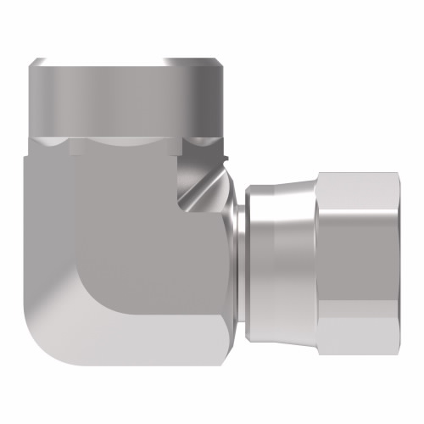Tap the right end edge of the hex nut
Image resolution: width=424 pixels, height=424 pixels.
(394, 254)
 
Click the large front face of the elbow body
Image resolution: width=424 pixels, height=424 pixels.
(127, 254)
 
